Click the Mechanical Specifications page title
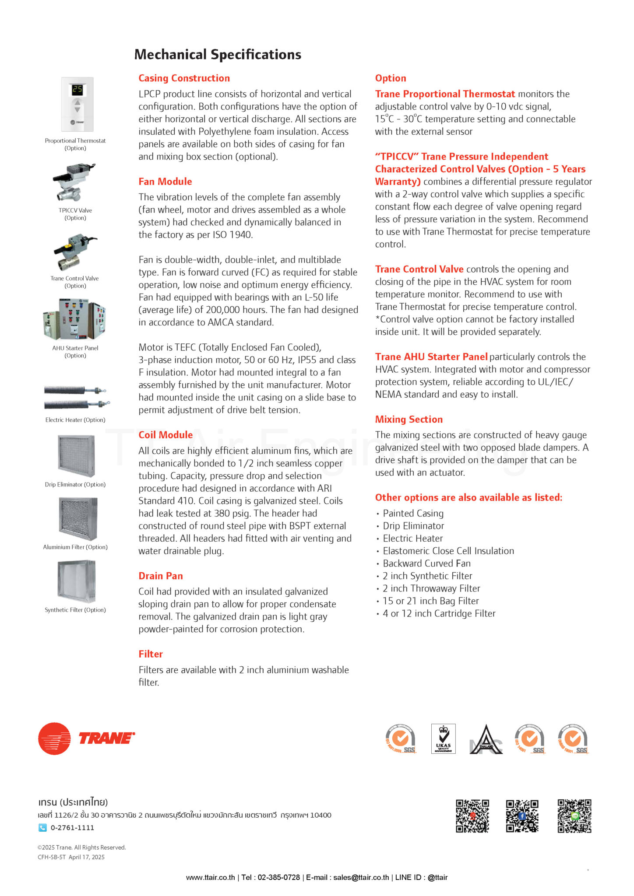pos(218,55)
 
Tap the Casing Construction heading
pos(184,78)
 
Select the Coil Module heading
pos(166,435)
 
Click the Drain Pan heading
pos(161,576)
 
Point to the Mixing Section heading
pos(409,420)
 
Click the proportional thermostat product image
pos(77,104)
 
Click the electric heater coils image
pos(75,397)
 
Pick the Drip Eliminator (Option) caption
pos(75,485)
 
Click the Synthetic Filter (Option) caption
pos(75,610)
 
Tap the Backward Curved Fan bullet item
pos(426,563)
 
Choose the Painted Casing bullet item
pos(413,514)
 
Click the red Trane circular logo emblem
pos(54,738)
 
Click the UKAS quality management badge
pos(443,738)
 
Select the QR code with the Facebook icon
pos(522,816)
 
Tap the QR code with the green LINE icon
pos(574,816)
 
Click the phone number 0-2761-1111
pos(72,828)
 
